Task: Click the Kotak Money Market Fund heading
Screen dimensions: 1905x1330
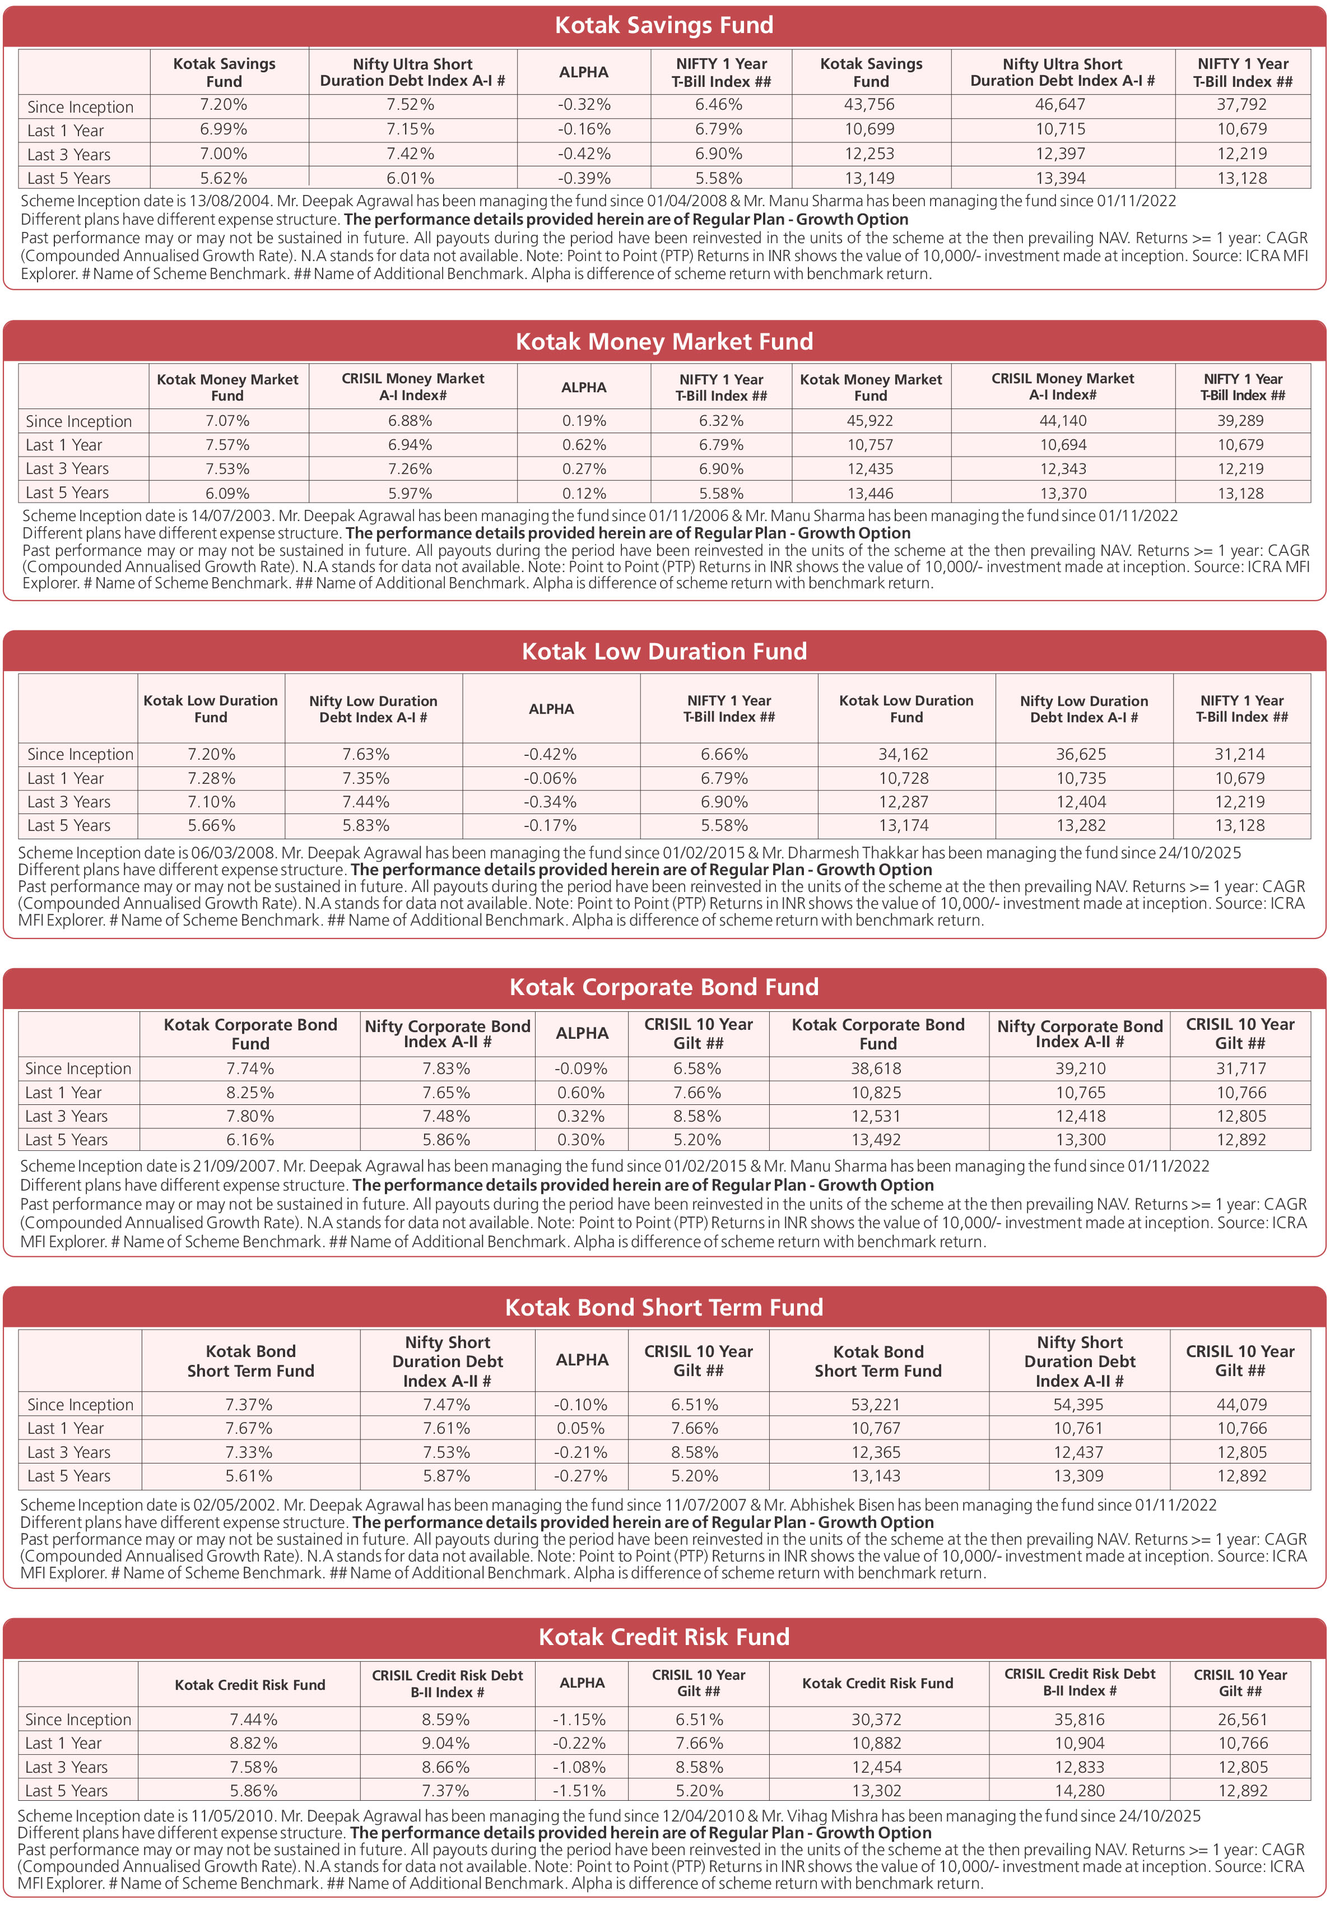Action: pyautogui.click(x=664, y=342)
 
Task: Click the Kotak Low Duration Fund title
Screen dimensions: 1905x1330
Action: pyautogui.click(x=664, y=651)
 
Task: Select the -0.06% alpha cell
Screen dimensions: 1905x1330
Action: pyautogui.click(x=550, y=778)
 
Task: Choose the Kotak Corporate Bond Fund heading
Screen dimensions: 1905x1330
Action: pyautogui.click(x=664, y=987)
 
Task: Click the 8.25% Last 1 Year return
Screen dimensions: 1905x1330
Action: pyautogui.click(x=250, y=1093)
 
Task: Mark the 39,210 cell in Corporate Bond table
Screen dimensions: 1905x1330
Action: pyautogui.click(x=1080, y=1068)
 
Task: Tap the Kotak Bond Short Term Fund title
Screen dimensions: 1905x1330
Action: pyautogui.click(x=664, y=1308)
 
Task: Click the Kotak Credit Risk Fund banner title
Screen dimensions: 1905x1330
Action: pyautogui.click(x=664, y=1637)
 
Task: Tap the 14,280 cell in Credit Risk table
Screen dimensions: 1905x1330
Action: pyautogui.click(x=1080, y=1791)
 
